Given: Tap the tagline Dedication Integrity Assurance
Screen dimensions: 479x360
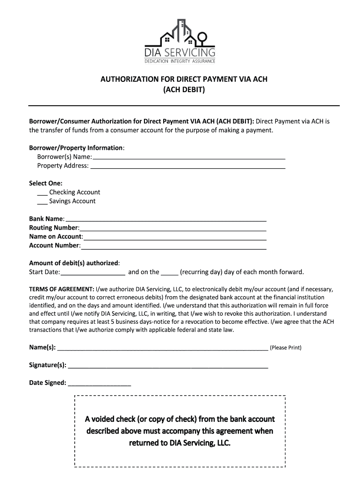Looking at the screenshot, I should click(180, 61).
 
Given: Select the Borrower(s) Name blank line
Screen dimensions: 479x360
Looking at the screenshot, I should click(188, 158).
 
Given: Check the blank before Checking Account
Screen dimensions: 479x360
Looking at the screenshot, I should click(42, 193).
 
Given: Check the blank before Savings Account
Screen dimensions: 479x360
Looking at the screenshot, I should click(42, 202).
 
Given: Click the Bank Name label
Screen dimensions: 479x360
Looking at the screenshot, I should click(47, 219).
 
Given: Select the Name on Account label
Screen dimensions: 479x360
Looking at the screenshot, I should click(56, 237).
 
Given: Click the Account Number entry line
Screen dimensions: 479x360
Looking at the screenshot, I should click(173, 247).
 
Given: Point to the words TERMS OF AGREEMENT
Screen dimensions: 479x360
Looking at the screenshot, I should click(61, 290).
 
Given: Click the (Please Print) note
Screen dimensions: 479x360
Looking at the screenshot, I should click(286, 348).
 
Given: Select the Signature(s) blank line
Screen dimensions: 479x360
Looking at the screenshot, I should click(168, 366).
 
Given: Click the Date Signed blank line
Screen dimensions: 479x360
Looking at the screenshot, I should click(100, 384).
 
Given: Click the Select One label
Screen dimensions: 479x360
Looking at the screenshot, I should click(46, 183).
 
